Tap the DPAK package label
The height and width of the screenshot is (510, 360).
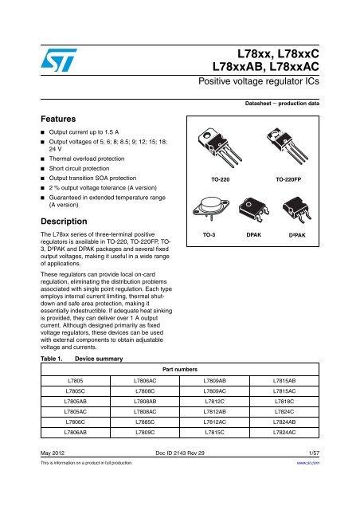(254, 237)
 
